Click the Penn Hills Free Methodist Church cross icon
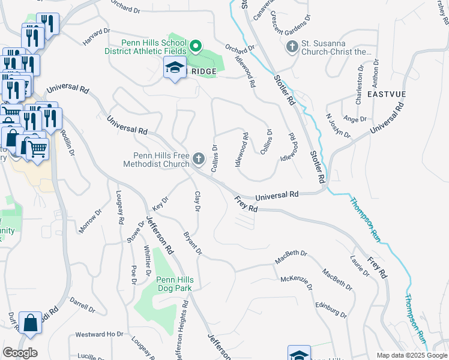(198, 159)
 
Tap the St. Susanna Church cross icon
(292, 47)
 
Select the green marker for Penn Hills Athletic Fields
(196, 46)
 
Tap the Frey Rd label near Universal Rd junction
(246, 205)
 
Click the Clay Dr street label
(197, 202)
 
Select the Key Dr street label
(159, 204)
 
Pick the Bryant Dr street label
(192, 243)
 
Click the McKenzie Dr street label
(297, 283)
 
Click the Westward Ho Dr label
(98, 334)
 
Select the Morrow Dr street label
(91, 221)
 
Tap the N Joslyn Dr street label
(337, 125)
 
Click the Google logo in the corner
(20, 353)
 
